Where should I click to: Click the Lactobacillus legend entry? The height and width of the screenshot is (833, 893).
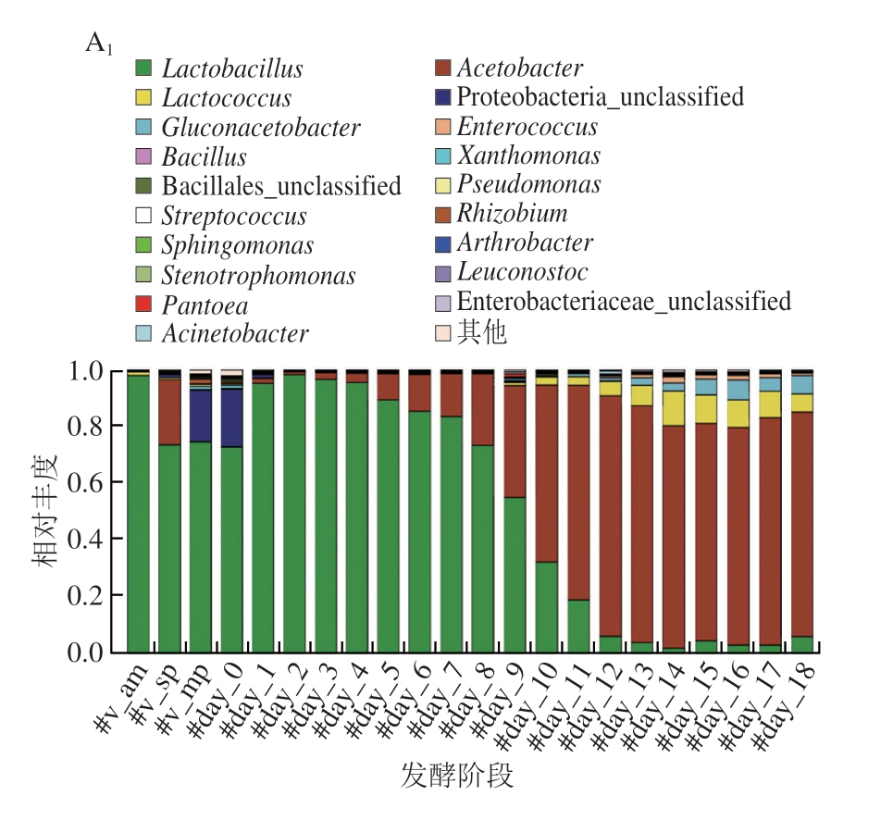click(x=232, y=68)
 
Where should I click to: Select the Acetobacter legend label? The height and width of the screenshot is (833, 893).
click(x=520, y=68)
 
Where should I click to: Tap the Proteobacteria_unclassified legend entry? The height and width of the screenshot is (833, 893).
click(x=600, y=96)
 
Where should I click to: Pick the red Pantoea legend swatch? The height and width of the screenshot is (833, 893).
click(x=143, y=305)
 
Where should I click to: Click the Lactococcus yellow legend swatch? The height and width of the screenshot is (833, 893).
click(x=143, y=98)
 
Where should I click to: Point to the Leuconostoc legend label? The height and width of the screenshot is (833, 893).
click(x=522, y=272)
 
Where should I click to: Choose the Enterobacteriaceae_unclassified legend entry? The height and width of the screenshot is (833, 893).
click(x=624, y=302)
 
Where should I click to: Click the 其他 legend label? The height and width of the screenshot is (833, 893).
click(x=482, y=332)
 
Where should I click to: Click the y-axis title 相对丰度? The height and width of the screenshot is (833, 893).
click(x=47, y=510)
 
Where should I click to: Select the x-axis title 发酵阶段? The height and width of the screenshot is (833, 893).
click(x=457, y=775)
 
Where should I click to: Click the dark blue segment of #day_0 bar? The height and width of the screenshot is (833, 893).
click(x=232, y=417)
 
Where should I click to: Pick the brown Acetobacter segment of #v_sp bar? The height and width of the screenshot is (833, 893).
click(x=169, y=412)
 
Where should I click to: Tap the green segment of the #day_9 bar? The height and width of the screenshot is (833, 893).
click(x=515, y=574)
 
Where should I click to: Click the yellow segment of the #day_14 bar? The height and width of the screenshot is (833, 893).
click(x=673, y=408)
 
